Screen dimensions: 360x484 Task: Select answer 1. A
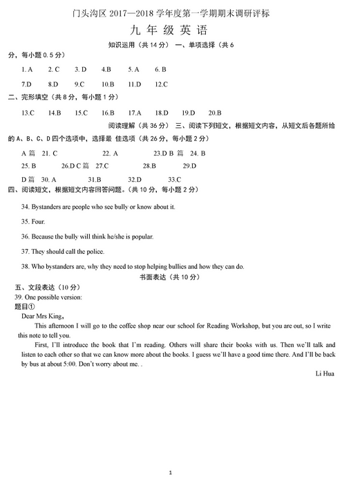(28, 69)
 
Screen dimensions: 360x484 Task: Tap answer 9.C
(79, 84)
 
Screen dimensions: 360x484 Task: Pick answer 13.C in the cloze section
(28, 113)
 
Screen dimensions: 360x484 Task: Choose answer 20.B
(215, 113)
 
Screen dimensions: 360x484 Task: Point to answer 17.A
(135, 113)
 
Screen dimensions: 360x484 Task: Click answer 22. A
(111, 153)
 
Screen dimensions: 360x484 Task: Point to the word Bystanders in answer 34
(47, 207)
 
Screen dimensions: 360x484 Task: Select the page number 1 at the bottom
(179, 472)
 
